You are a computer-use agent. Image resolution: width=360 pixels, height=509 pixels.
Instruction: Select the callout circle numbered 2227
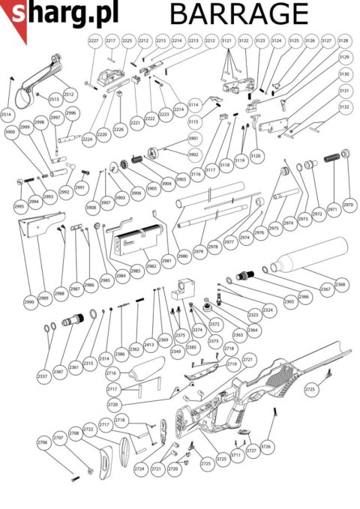coord(94,40)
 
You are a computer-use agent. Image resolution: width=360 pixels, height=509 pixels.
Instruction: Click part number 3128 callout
coord(343,40)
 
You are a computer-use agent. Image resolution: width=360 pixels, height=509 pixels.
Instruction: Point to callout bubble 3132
coord(344,107)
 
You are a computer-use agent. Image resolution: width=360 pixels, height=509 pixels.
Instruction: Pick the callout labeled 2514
coord(7,114)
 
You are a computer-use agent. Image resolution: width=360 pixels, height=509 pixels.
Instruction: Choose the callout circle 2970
coord(348,205)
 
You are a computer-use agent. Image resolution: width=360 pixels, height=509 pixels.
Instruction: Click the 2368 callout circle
coord(340,285)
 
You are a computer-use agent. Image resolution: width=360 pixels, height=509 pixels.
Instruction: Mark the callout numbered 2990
coord(29,302)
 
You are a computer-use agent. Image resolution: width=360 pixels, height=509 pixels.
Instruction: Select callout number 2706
coord(42,443)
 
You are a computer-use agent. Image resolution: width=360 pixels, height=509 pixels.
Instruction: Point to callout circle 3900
coord(10,132)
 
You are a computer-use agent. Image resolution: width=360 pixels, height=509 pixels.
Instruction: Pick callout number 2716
coord(112,373)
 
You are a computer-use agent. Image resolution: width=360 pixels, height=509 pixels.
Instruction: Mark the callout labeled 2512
coord(68,95)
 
